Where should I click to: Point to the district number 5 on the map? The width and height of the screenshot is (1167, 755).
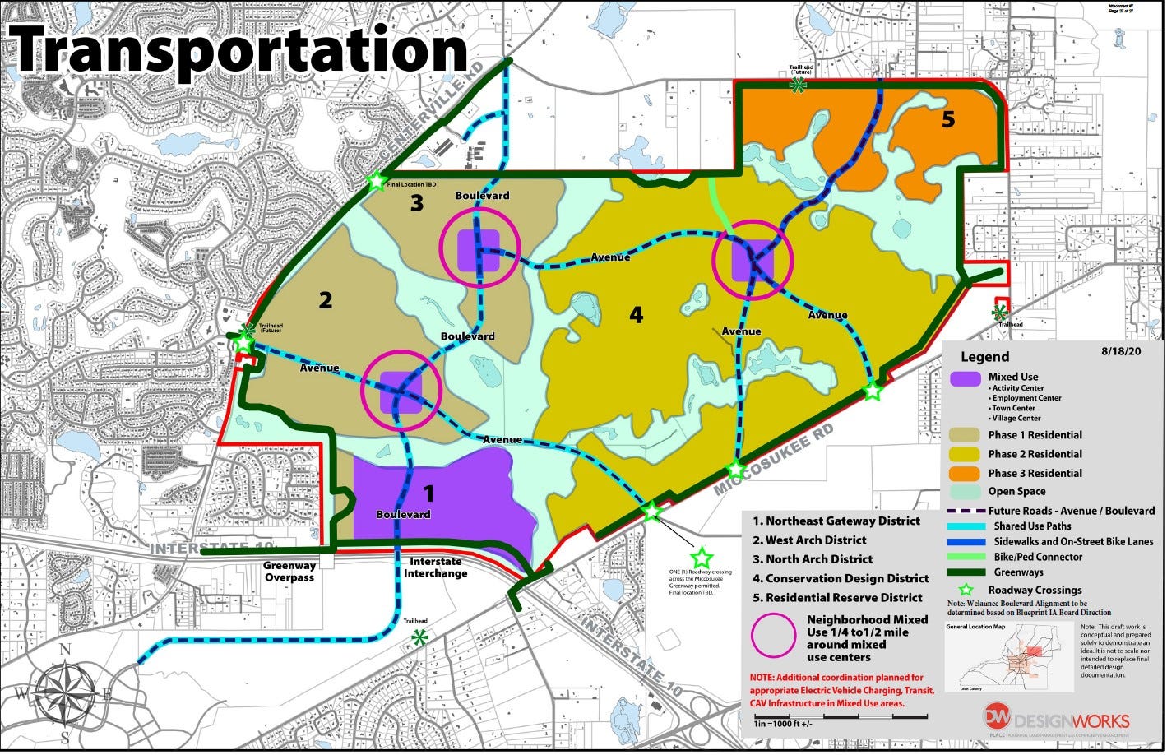(x=948, y=120)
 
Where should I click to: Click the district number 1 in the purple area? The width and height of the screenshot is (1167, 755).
(x=428, y=493)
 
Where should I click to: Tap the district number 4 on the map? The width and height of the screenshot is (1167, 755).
(x=636, y=314)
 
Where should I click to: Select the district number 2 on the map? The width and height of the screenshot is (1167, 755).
(x=326, y=300)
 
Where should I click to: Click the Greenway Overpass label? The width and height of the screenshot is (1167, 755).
(x=289, y=571)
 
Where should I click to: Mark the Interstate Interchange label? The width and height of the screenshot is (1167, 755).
(x=435, y=567)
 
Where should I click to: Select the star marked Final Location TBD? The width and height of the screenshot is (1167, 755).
(x=376, y=180)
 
